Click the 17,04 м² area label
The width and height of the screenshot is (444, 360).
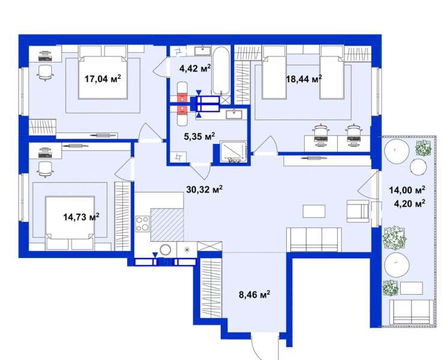click(x=103, y=79)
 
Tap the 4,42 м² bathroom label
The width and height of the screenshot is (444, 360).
click(x=196, y=68)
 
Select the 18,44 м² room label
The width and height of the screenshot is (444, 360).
click(x=304, y=79)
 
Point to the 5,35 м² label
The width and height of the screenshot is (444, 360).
click(x=199, y=136)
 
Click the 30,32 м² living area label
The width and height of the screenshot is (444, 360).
click(x=205, y=189)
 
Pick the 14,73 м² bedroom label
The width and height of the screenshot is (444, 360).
click(x=81, y=217)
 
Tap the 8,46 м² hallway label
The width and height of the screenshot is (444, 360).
click(x=254, y=295)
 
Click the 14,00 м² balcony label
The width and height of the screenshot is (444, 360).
click(x=407, y=190)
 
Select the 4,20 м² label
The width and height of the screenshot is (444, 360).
click(x=409, y=203)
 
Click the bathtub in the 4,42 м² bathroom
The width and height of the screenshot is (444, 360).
click(x=221, y=71)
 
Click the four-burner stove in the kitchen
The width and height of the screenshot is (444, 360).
click(x=142, y=224)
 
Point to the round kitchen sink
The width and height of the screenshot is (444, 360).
click(x=166, y=250)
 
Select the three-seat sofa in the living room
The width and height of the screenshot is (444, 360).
click(x=314, y=239)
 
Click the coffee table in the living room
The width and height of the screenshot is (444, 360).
click(x=314, y=211)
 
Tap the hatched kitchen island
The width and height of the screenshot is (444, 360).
click(x=167, y=225)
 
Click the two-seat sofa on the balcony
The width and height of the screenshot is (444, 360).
click(x=412, y=313)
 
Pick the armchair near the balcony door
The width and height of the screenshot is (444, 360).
click(x=358, y=211)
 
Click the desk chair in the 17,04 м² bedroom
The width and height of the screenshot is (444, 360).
click(x=45, y=73)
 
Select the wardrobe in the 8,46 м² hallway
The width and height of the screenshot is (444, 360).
click(x=211, y=289)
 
